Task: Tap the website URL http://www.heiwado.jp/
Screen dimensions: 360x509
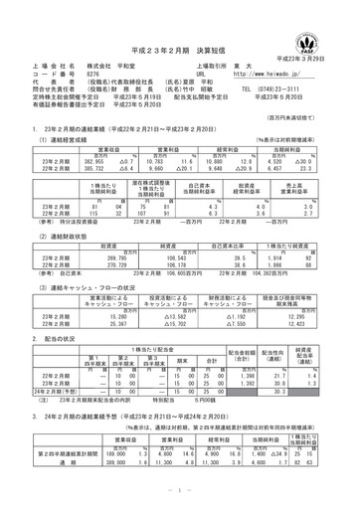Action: [264, 73]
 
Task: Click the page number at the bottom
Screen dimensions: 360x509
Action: [179, 490]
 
